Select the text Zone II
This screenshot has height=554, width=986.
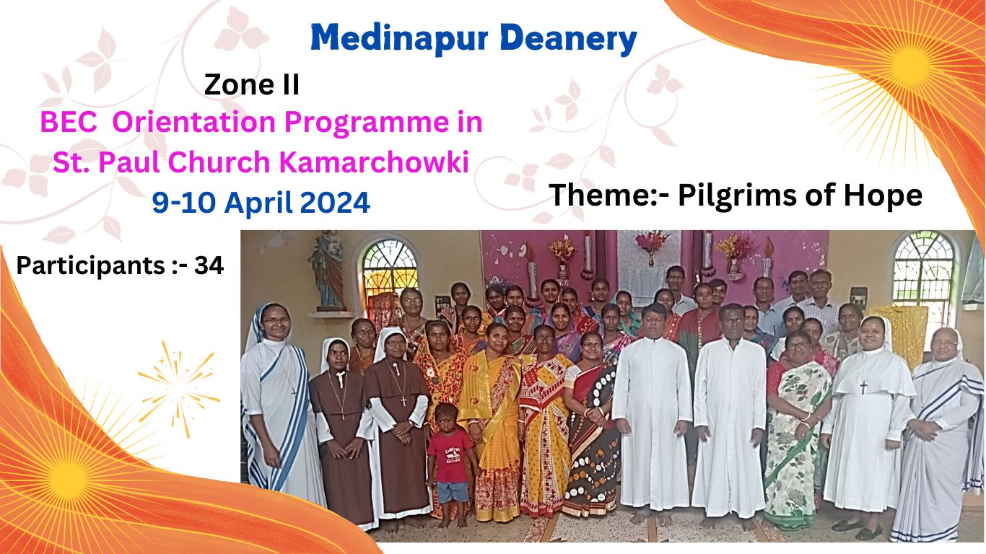[x=252, y=84]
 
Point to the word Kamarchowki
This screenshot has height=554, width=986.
[x=374, y=162]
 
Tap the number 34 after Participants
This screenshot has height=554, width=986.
[x=209, y=265]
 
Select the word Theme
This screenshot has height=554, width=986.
[x=604, y=195]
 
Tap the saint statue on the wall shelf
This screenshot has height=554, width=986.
[x=326, y=269]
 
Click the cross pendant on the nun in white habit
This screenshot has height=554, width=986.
[x=863, y=387]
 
